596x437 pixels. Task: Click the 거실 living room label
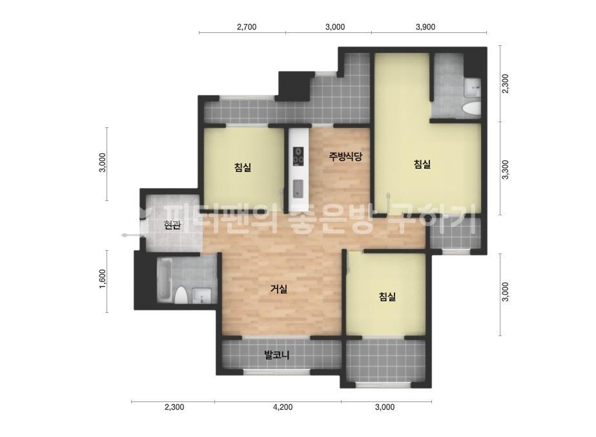click(x=278, y=289)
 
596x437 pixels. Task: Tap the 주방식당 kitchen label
click(x=345, y=156)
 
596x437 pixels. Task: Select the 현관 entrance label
click(x=172, y=226)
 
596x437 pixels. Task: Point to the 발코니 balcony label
click(x=277, y=355)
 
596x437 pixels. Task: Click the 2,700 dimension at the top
click(x=247, y=27)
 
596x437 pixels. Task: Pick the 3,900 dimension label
click(x=426, y=27)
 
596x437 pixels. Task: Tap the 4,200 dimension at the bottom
click(x=283, y=407)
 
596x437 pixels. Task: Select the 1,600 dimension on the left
click(x=103, y=279)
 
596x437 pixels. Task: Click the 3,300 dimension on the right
click(x=505, y=169)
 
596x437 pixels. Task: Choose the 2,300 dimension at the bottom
click(x=174, y=407)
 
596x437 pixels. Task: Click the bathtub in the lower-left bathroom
click(x=164, y=279)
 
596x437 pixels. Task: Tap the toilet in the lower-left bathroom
click(x=181, y=295)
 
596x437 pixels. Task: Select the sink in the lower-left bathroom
click(x=201, y=296)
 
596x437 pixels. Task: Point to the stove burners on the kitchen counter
click(x=298, y=156)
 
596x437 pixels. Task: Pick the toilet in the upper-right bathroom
click(x=470, y=108)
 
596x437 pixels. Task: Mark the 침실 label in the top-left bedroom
click(x=243, y=167)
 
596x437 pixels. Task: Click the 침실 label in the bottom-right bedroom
click(x=387, y=296)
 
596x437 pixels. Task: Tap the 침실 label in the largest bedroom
click(x=422, y=164)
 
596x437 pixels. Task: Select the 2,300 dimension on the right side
click(x=505, y=84)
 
